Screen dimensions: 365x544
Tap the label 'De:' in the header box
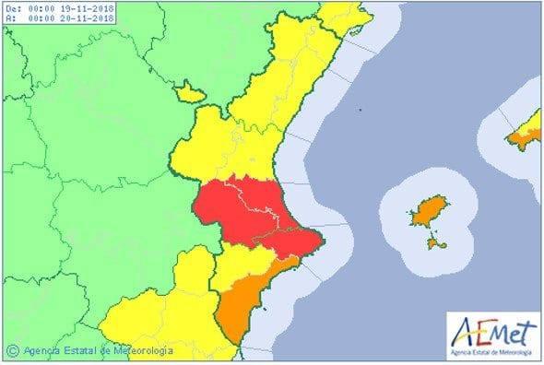click(11, 7)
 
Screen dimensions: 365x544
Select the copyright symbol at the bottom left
click(12, 350)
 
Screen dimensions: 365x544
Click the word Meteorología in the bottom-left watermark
click(142, 350)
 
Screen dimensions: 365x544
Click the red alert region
click(249, 217)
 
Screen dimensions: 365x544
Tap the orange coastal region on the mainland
click(244, 304)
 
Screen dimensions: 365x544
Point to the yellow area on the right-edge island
click(533, 120)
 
